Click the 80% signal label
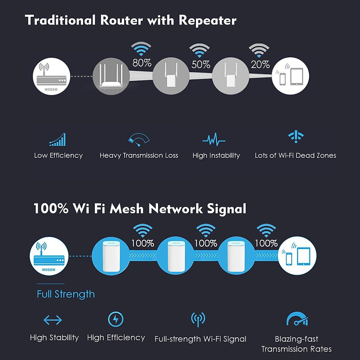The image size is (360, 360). [142, 63]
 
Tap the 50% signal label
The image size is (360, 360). [201, 64]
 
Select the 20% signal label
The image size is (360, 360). [260, 64]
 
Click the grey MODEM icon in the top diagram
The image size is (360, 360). [51, 76]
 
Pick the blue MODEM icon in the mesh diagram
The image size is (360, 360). [49, 256]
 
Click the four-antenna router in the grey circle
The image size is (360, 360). [111, 76]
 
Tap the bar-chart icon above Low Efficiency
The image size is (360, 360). [58, 140]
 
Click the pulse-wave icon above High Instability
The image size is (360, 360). [214, 140]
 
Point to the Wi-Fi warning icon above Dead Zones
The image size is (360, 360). [296, 137]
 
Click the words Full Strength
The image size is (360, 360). [66, 294]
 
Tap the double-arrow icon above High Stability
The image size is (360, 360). [53, 320]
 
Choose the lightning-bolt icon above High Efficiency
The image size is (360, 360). [115, 319]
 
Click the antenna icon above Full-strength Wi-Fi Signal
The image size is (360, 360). [198, 319]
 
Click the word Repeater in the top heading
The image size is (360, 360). [208, 20]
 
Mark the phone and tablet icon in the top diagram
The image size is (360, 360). [290, 76]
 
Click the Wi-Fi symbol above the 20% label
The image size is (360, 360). [259, 50]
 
